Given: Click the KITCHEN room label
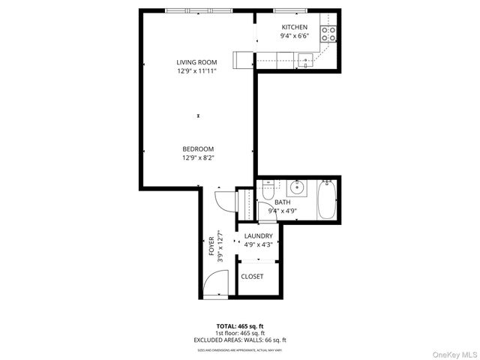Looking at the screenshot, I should pyautogui.click(x=294, y=27).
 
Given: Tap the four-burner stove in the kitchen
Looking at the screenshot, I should pyautogui.click(x=328, y=34).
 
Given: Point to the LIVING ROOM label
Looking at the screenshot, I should pyautogui.click(x=196, y=62).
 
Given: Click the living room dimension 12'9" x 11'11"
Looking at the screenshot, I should pyautogui.click(x=196, y=71).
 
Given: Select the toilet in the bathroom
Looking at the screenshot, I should pyautogui.click(x=268, y=194).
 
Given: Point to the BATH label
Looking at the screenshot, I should pyautogui.click(x=282, y=202).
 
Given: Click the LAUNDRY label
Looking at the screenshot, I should pyautogui.click(x=258, y=235).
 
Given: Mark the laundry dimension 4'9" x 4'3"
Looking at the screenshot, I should pyautogui.click(x=258, y=244).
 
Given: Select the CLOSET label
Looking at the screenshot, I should pyautogui.click(x=252, y=277).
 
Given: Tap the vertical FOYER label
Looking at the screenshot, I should pyautogui.click(x=211, y=245).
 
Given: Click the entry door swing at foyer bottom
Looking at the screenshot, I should pyautogui.click(x=213, y=285).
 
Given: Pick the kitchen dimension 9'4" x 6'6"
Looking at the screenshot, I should pyautogui.click(x=294, y=36).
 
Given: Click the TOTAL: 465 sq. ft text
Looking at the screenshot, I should pyautogui.click(x=239, y=326).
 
